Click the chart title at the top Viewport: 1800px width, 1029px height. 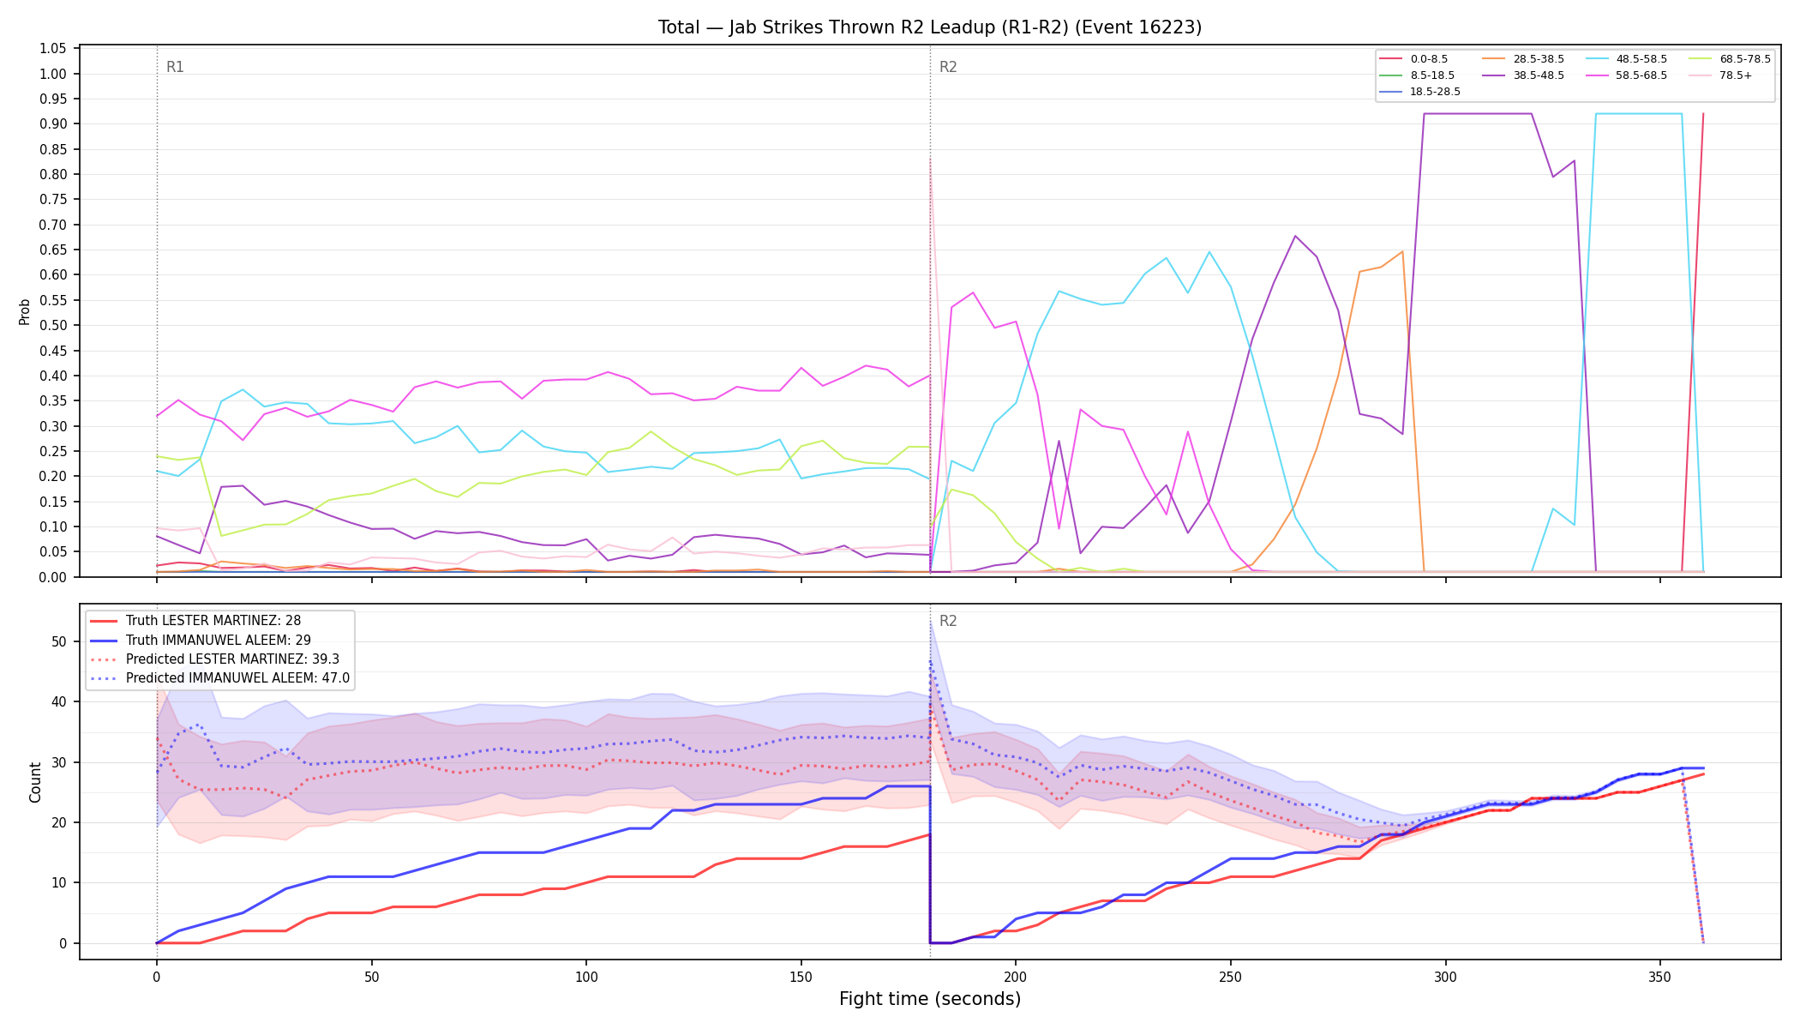point(930,27)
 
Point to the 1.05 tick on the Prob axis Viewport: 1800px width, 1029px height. point(53,49)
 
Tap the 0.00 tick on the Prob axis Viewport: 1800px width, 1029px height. point(53,577)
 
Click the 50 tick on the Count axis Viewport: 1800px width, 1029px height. point(59,641)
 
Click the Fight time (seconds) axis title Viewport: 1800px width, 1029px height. point(930,999)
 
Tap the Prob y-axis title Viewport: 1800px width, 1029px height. point(24,311)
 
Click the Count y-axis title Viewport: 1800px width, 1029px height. point(35,782)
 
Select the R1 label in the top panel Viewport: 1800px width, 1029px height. point(175,67)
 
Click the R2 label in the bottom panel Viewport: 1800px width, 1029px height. point(948,621)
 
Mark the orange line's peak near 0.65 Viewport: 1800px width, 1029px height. point(1402,251)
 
